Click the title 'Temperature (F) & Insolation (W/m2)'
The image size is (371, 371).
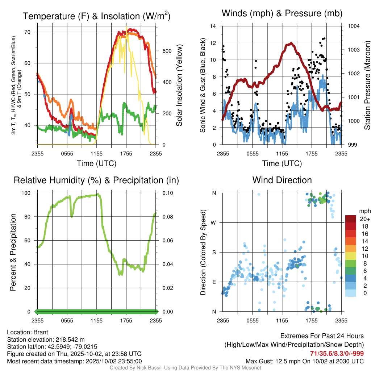tap(96, 16)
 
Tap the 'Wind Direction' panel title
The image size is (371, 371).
tap(282, 180)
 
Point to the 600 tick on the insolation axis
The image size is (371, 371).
tap(166, 51)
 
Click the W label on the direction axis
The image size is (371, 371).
tap(214, 222)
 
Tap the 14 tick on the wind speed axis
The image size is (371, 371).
tap(213, 26)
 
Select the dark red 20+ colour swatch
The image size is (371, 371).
tap(351, 219)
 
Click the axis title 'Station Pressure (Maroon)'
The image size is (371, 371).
tap(367, 85)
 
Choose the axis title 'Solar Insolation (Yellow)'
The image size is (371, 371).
tap(179, 85)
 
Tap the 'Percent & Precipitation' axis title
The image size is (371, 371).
tap(13, 252)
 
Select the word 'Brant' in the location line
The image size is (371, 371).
tap(41, 332)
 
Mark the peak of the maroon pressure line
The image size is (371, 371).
tap(291, 43)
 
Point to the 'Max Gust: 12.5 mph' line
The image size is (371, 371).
tap(305, 361)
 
